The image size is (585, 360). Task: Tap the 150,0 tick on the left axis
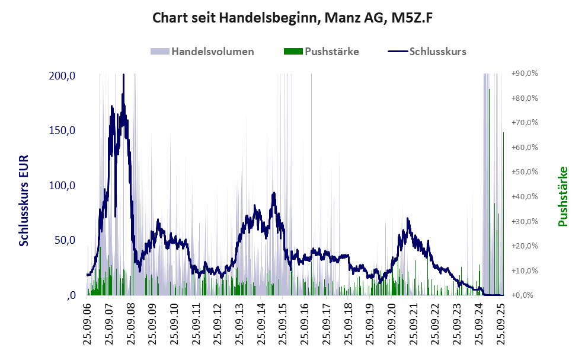tap(62, 130)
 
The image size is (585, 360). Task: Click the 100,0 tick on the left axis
tap(62, 186)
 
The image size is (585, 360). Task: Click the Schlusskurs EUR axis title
tap(24, 201)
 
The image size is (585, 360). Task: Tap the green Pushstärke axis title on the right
tap(562, 196)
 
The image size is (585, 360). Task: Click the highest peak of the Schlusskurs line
tap(123, 76)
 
